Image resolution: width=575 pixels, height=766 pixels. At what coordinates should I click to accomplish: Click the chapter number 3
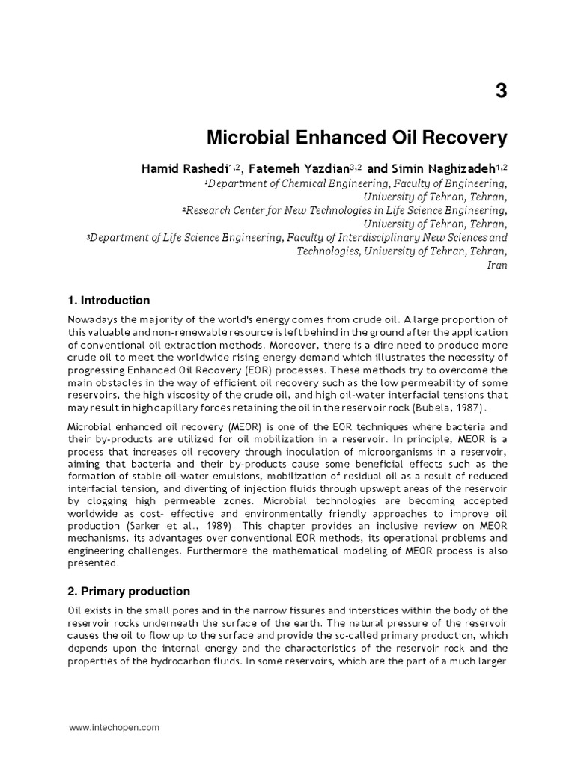501,92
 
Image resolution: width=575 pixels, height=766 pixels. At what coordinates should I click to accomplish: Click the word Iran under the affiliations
497,265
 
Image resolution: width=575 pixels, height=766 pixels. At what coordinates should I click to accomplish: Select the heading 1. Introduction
109,301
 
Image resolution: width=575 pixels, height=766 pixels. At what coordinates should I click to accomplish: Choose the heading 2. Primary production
129,591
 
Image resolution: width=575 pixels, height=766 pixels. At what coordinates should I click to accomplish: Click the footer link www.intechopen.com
114,727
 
